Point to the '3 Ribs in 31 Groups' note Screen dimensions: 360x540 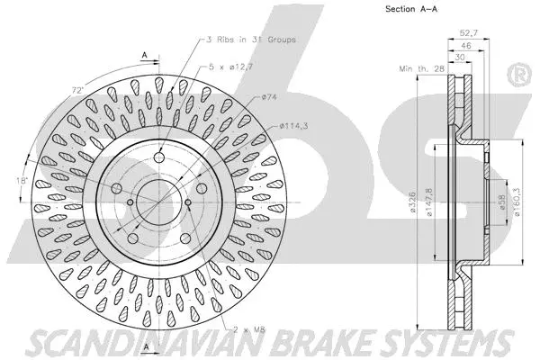pyautogui.click(x=248, y=40)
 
